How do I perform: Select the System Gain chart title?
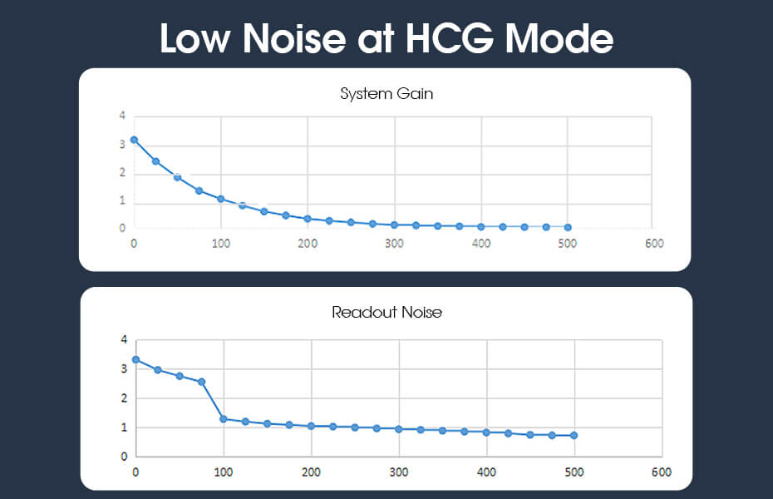pos(386,93)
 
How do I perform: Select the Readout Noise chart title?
pos(386,313)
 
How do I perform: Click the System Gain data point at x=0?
pos(134,140)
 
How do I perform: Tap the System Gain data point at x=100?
pos(220,199)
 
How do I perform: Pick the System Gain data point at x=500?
pos(568,227)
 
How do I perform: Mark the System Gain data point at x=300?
pos(394,225)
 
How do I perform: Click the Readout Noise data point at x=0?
pos(135,360)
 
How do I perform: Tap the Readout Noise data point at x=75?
pos(201,382)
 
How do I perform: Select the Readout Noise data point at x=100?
pos(224,418)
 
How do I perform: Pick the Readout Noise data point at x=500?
pos(574,435)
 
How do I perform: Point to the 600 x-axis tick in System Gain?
pos(654,244)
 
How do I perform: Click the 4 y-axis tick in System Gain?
pos(122,116)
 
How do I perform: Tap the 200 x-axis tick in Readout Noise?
pos(311,472)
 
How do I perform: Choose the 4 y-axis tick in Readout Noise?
pos(124,340)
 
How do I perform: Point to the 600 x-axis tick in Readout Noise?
pos(661,472)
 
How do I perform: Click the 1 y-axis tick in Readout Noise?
pos(124,427)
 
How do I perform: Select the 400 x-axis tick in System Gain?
pos(480,244)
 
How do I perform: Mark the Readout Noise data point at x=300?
pos(399,429)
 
